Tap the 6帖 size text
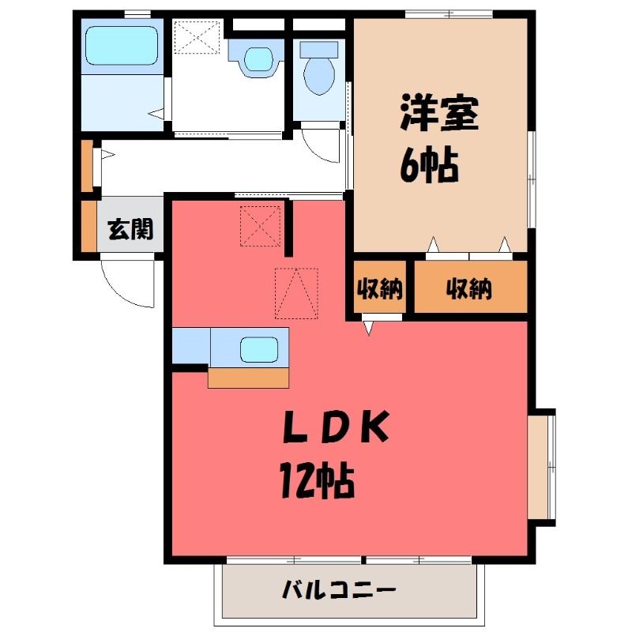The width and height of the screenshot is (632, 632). coord(430,166)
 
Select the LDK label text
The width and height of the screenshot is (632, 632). coord(337,427)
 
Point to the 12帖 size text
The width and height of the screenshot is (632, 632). coord(318,481)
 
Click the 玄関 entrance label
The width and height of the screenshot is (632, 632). coord(130,229)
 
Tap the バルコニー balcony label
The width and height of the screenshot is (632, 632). coord(339,590)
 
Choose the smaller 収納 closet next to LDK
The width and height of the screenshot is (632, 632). coord(380,288)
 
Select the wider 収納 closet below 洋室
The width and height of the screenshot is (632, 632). coord(471,287)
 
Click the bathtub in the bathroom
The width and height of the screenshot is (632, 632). coord(122,46)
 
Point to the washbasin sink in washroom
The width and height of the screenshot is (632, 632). coord(259,60)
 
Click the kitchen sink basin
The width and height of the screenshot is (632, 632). coord(259,349)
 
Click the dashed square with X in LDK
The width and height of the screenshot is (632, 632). coord(261,226)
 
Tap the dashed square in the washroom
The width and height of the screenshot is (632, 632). coord(197,37)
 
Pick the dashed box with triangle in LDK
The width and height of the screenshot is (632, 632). coord(296,293)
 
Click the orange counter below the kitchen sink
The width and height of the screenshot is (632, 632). coord(248,378)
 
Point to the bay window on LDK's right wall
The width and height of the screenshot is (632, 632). coord(541,467)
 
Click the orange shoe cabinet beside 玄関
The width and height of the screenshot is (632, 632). coord(88,226)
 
